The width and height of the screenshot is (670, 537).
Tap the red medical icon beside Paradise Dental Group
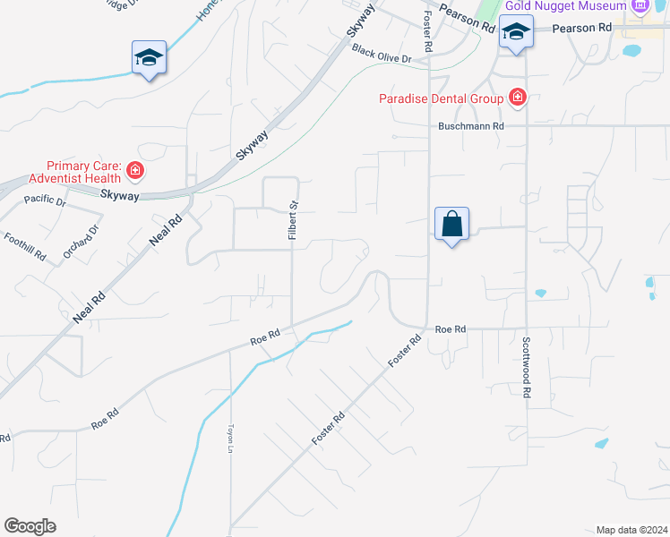coord(517,97)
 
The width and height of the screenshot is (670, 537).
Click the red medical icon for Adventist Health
coord(134,169)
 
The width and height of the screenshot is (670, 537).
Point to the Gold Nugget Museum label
coord(565,6)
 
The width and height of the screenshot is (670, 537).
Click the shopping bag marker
coord(452,224)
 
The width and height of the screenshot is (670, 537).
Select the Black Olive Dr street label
coord(381,54)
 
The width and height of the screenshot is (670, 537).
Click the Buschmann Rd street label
coord(471,126)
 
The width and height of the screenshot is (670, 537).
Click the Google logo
coord(30,526)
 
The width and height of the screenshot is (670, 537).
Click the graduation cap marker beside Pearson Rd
coord(516,34)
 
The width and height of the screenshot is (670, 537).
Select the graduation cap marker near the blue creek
coord(149,59)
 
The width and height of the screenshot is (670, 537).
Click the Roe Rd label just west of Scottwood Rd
coord(451,329)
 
